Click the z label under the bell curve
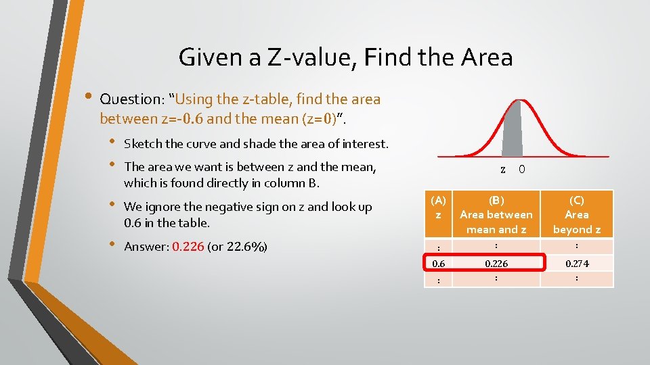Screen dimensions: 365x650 coord(502,170)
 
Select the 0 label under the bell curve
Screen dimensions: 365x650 coord(521,170)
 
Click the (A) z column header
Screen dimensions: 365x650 coord(439,208)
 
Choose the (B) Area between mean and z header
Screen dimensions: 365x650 coord(496,214)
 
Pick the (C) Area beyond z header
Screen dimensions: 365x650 coord(577,214)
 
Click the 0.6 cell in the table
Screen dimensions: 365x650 coord(439,263)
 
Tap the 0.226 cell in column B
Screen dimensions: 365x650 coord(496,263)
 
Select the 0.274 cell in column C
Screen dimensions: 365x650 coord(577,263)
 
